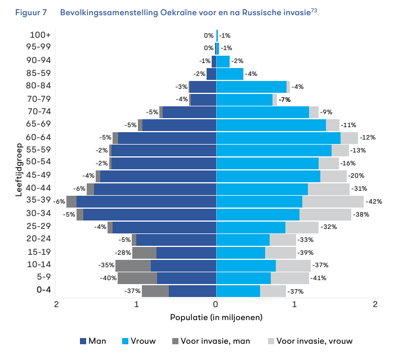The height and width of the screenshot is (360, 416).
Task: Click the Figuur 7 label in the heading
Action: click(31, 12)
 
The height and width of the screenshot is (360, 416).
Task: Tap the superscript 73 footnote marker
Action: click(314, 10)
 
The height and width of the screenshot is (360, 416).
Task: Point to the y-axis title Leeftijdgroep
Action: click(19, 170)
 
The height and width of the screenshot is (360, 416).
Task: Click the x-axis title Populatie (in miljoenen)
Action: click(216, 317)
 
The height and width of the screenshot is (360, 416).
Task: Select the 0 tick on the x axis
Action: click(216, 304)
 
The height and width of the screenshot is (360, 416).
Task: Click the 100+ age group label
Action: click(40, 35)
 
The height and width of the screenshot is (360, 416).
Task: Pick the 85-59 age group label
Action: click(38, 73)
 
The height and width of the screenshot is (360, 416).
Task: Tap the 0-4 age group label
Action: click(44, 290)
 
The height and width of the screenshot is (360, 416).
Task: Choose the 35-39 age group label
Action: click(38, 200)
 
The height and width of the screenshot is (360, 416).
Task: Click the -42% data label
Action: click(374, 201)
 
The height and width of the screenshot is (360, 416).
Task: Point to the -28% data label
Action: click(123, 253)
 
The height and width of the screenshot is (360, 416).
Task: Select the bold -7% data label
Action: click(285, 100)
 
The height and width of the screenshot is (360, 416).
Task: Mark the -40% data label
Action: click(108, 278)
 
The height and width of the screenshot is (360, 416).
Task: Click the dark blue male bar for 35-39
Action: click(146, 202)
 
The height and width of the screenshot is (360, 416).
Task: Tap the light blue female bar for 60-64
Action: click(278, 138)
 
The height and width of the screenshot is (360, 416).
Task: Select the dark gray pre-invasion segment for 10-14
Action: click(133, 265)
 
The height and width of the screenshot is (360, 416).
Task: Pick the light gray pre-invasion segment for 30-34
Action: click(325, 214)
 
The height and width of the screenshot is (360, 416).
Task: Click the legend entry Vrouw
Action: click(138, 341)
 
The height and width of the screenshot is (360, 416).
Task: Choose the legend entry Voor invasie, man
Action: click(211, 341)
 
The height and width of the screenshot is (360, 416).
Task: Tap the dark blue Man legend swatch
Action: click(83, 341)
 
